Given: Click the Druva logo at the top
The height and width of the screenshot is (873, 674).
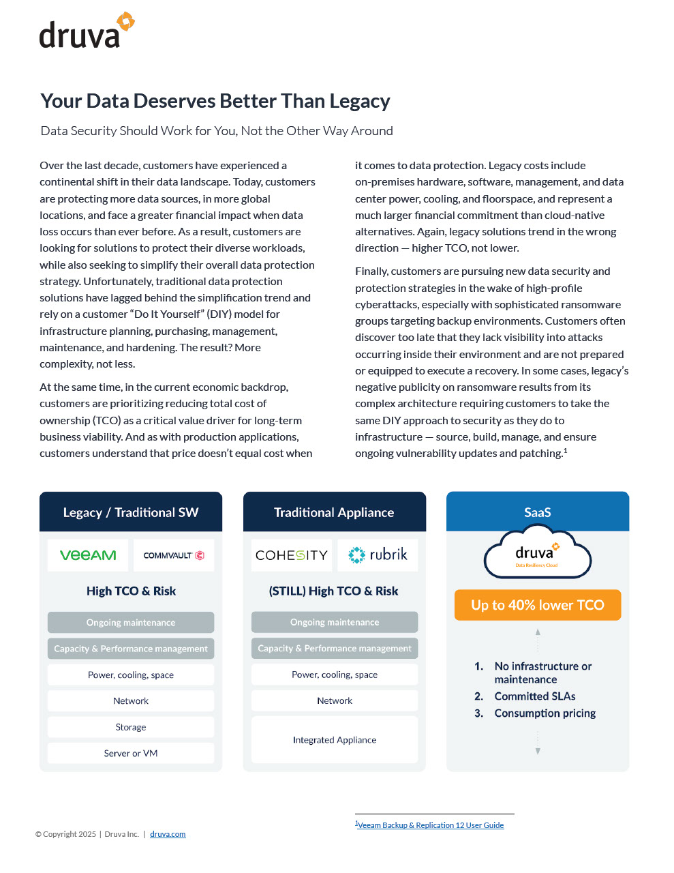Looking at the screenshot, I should click(86, 31).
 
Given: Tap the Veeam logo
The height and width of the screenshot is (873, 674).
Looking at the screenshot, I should click(88, 555).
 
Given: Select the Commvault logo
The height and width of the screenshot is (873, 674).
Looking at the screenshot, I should click(174, 555).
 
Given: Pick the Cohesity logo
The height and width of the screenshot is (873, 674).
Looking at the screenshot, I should click(291, 555).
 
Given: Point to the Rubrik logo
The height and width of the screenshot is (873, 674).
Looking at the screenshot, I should click(378, 554).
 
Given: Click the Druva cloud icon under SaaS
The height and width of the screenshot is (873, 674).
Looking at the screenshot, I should click(538, 555).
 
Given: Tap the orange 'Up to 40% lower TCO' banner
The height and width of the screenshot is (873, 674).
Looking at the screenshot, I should click(538, 605).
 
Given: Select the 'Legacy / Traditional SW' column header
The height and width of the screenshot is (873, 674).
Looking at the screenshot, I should click(131, 512).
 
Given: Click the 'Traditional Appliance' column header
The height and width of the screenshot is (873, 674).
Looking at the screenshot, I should click(334, 512).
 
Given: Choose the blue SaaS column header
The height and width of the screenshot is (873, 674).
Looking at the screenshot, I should click(538, 512).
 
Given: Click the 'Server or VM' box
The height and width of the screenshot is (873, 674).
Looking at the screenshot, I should click(131, 753).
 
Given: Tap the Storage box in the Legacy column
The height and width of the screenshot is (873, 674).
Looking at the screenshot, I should click(131, 727).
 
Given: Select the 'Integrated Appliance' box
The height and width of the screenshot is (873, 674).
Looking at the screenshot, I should click(334, 739).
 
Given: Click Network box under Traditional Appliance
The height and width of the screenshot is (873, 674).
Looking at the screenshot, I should click(334, 700).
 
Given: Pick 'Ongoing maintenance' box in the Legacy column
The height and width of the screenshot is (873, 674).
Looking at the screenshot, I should click(131, 622).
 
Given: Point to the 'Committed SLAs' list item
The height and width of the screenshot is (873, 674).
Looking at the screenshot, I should click(535, 696).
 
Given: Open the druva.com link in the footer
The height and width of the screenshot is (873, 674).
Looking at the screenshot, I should click(168, 834).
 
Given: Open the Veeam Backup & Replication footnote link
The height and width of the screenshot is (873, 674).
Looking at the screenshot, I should click(431, 825).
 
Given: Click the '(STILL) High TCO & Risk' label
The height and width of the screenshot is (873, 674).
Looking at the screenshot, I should click(334, 591).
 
